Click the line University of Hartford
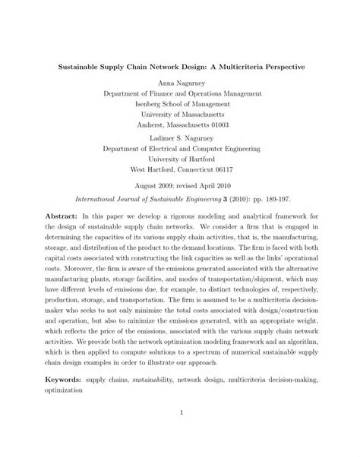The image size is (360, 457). (180, 159)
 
